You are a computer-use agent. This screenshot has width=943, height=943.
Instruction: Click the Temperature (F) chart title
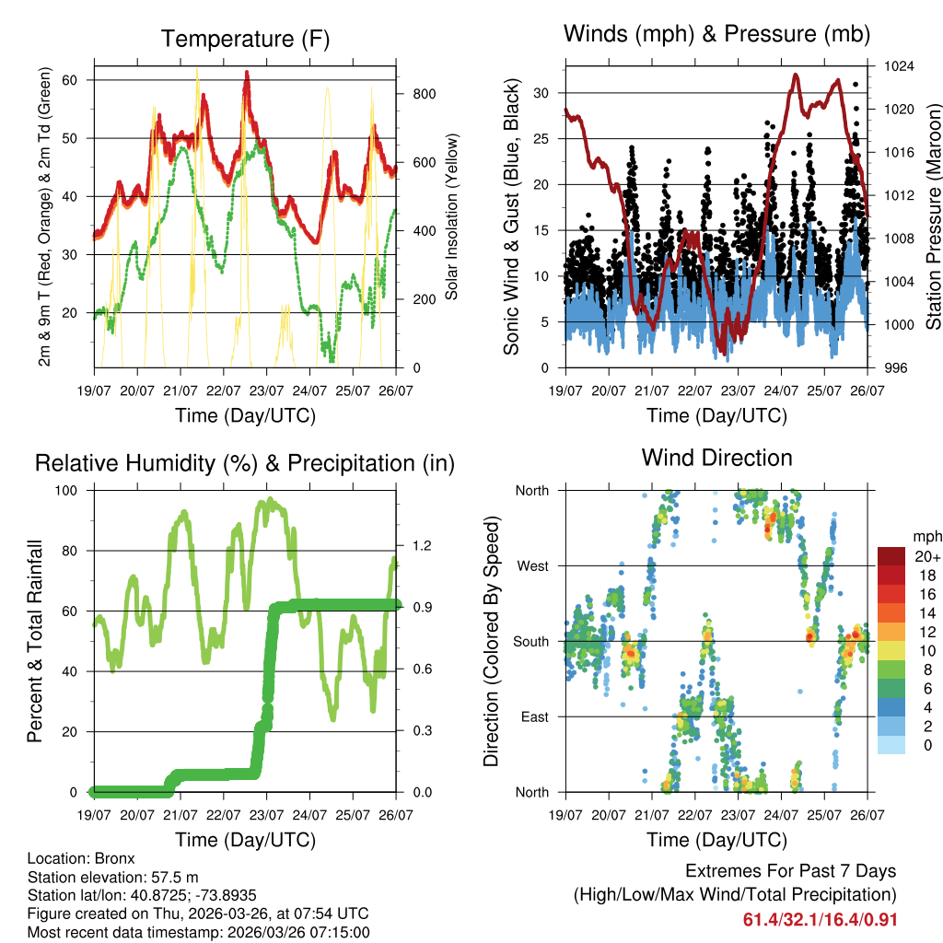tap(245, 39)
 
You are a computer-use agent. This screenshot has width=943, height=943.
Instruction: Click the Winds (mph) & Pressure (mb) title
tap(716, 34)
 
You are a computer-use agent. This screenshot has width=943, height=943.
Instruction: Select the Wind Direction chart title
tap(716, 457)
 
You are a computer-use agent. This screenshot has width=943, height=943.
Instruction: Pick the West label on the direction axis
tap(531, 565)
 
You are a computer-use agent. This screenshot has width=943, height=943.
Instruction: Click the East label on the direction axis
tap(533, 716)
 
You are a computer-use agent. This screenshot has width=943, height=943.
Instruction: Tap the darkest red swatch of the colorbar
tap(891, 556)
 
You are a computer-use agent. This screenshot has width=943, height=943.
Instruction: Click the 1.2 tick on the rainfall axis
tap(421, 545)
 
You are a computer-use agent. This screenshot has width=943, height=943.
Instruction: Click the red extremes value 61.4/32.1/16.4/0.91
tap(820, 920)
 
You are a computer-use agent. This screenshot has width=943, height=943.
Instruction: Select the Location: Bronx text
tap(81, 858)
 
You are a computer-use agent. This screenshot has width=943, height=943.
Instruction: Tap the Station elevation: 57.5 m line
tap(120, 877)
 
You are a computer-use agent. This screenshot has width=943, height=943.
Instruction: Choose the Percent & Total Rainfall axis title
tap(34, 641)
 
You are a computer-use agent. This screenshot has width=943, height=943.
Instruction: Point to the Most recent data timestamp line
tap(198, 932)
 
